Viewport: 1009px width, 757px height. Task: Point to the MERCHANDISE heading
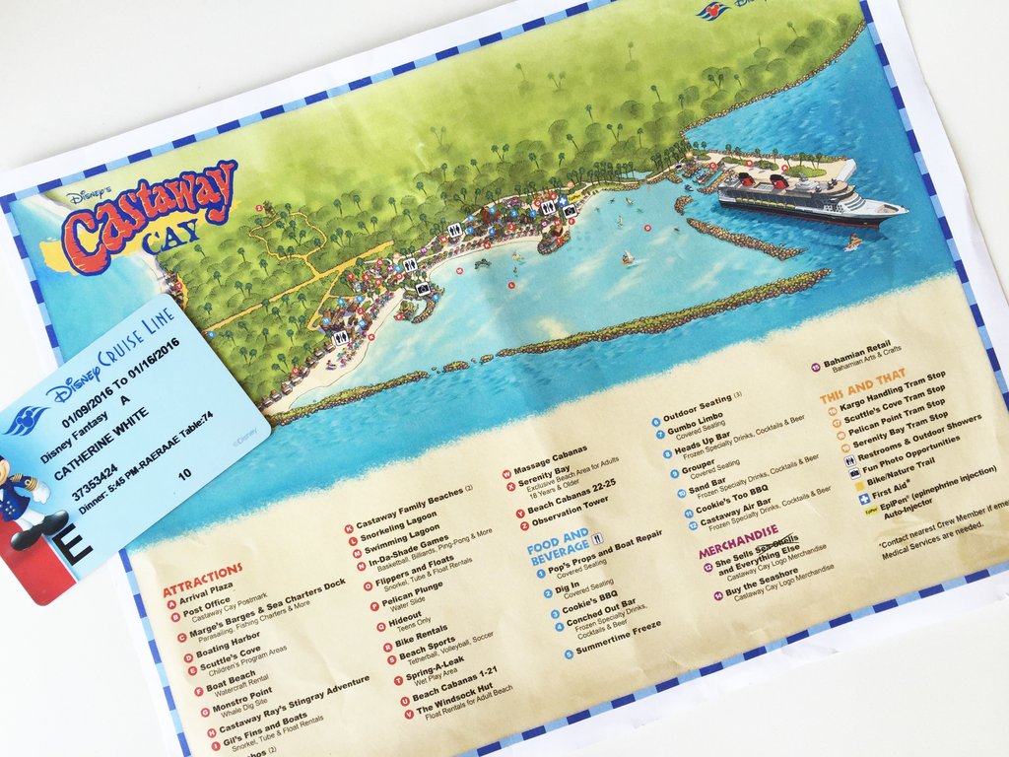(x=739, y=533)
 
